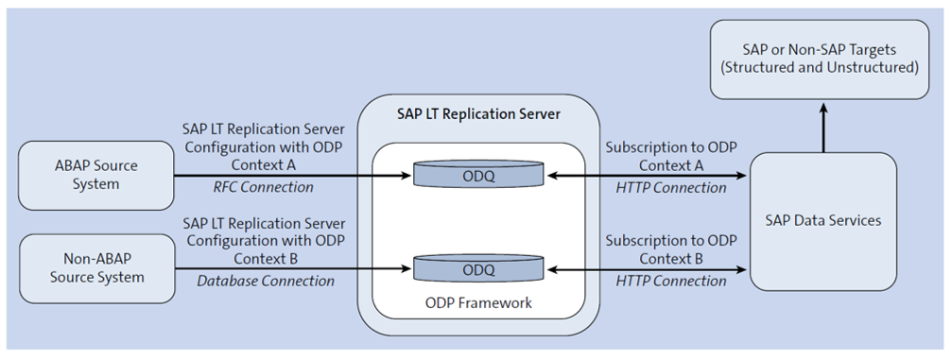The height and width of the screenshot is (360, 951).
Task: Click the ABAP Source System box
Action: tap(95, 175)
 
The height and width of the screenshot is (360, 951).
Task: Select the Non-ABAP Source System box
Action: tap(95, 267)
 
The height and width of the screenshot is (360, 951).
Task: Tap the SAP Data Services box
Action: tap(821, 221)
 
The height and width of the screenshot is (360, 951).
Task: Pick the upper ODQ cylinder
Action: tap(478, 175)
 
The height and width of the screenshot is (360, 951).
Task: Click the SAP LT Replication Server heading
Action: tap(478, 114)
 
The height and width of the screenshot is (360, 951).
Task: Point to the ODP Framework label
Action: tap(478, 303)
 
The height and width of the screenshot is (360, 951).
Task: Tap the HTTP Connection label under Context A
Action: tap(671, 187)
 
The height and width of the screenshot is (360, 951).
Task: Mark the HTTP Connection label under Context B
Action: tap(671, 281)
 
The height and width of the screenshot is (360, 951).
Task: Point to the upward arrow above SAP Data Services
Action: tap(821, 128)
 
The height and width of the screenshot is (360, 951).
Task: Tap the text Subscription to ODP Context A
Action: tap(671, 156)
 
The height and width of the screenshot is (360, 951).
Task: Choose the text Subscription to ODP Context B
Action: tap(671, 249)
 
